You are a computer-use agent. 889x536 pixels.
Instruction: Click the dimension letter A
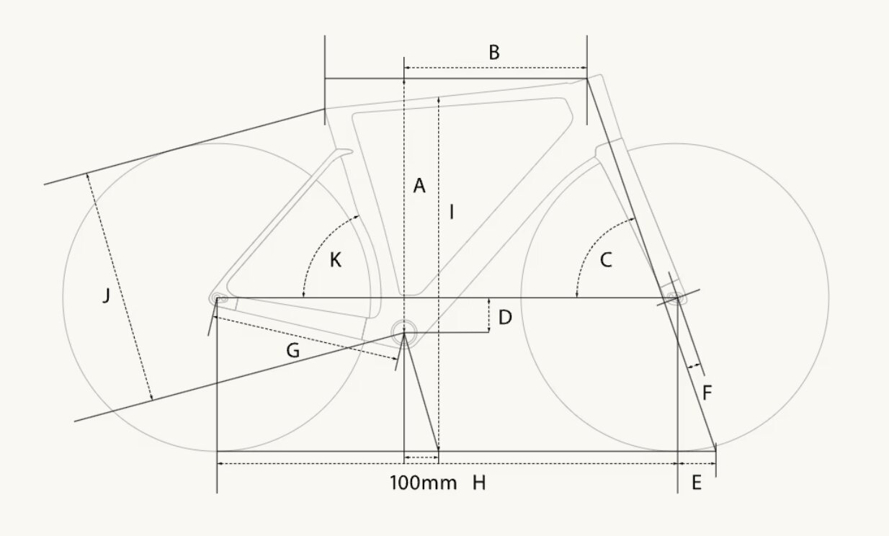[x=419, y=186]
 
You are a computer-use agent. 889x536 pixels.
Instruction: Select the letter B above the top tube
[x=494, y=53]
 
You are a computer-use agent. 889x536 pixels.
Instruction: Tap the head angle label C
[x=606, y=260]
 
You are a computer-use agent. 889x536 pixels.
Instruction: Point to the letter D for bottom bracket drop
[x=505, y=318]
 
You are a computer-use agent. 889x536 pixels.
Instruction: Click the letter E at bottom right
[x=697, y=483]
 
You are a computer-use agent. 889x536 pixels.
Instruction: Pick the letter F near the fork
[x=707, y=393]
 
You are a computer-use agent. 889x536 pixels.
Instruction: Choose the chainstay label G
[x=293, y=351]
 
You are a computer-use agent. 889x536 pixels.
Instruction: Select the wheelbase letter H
[x=479, y=483]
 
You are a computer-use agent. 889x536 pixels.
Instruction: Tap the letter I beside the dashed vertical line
[x=452, y=212]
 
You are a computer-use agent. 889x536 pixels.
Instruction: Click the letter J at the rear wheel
[x=106, y=295]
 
